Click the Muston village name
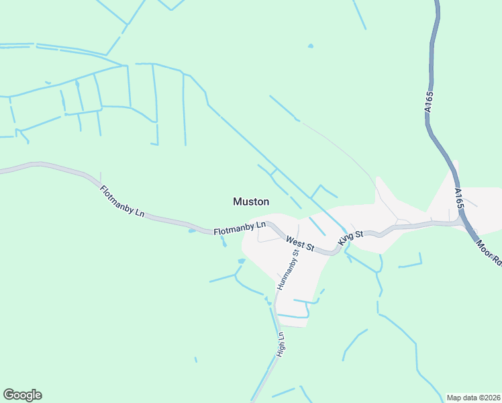(x=251, y=201)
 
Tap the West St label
(x=300, y=243)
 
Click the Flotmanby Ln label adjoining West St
(x=240, y=228)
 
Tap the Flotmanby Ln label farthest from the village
(x=122, y=201)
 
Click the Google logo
(x=22, y=395)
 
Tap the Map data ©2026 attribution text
(x=473, y=398)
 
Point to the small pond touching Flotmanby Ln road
(x=192, y=231)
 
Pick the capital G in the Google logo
(x=9, y=395)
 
